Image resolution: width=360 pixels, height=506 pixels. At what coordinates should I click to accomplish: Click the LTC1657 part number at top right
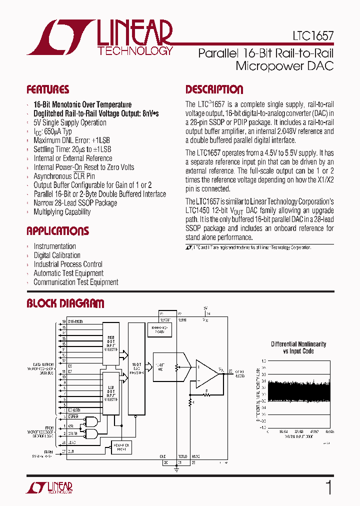click(x=313, y=36)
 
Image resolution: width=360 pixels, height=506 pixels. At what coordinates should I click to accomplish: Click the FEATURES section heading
click(x=48, y=90)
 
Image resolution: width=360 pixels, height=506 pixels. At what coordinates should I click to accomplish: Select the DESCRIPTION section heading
click(x=214, y=90)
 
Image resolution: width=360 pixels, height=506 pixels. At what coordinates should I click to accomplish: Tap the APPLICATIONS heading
click(x=57, y=231)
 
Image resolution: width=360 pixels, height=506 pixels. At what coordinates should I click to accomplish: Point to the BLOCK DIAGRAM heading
click(x=65, y=303)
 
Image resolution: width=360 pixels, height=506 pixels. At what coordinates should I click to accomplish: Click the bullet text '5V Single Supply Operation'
click(x=69, y=122)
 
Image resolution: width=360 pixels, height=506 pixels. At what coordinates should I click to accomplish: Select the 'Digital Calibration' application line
click(x=56, y=255)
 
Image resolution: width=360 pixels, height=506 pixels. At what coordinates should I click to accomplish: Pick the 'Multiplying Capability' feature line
click(x=62, y=212)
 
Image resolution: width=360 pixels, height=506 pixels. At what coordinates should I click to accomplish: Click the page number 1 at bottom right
click(x=328, y=487)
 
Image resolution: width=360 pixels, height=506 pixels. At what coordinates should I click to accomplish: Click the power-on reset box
click(x=120, y=445)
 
